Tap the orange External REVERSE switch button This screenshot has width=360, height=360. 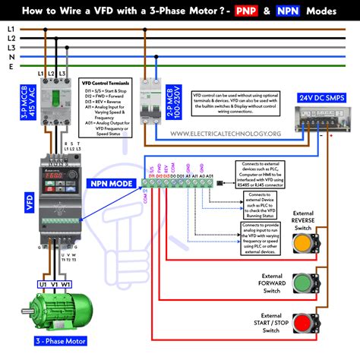click(x=302, y=243)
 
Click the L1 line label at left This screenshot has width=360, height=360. click(x=10, y=28)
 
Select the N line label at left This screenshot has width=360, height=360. click(x=10, y=55)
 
